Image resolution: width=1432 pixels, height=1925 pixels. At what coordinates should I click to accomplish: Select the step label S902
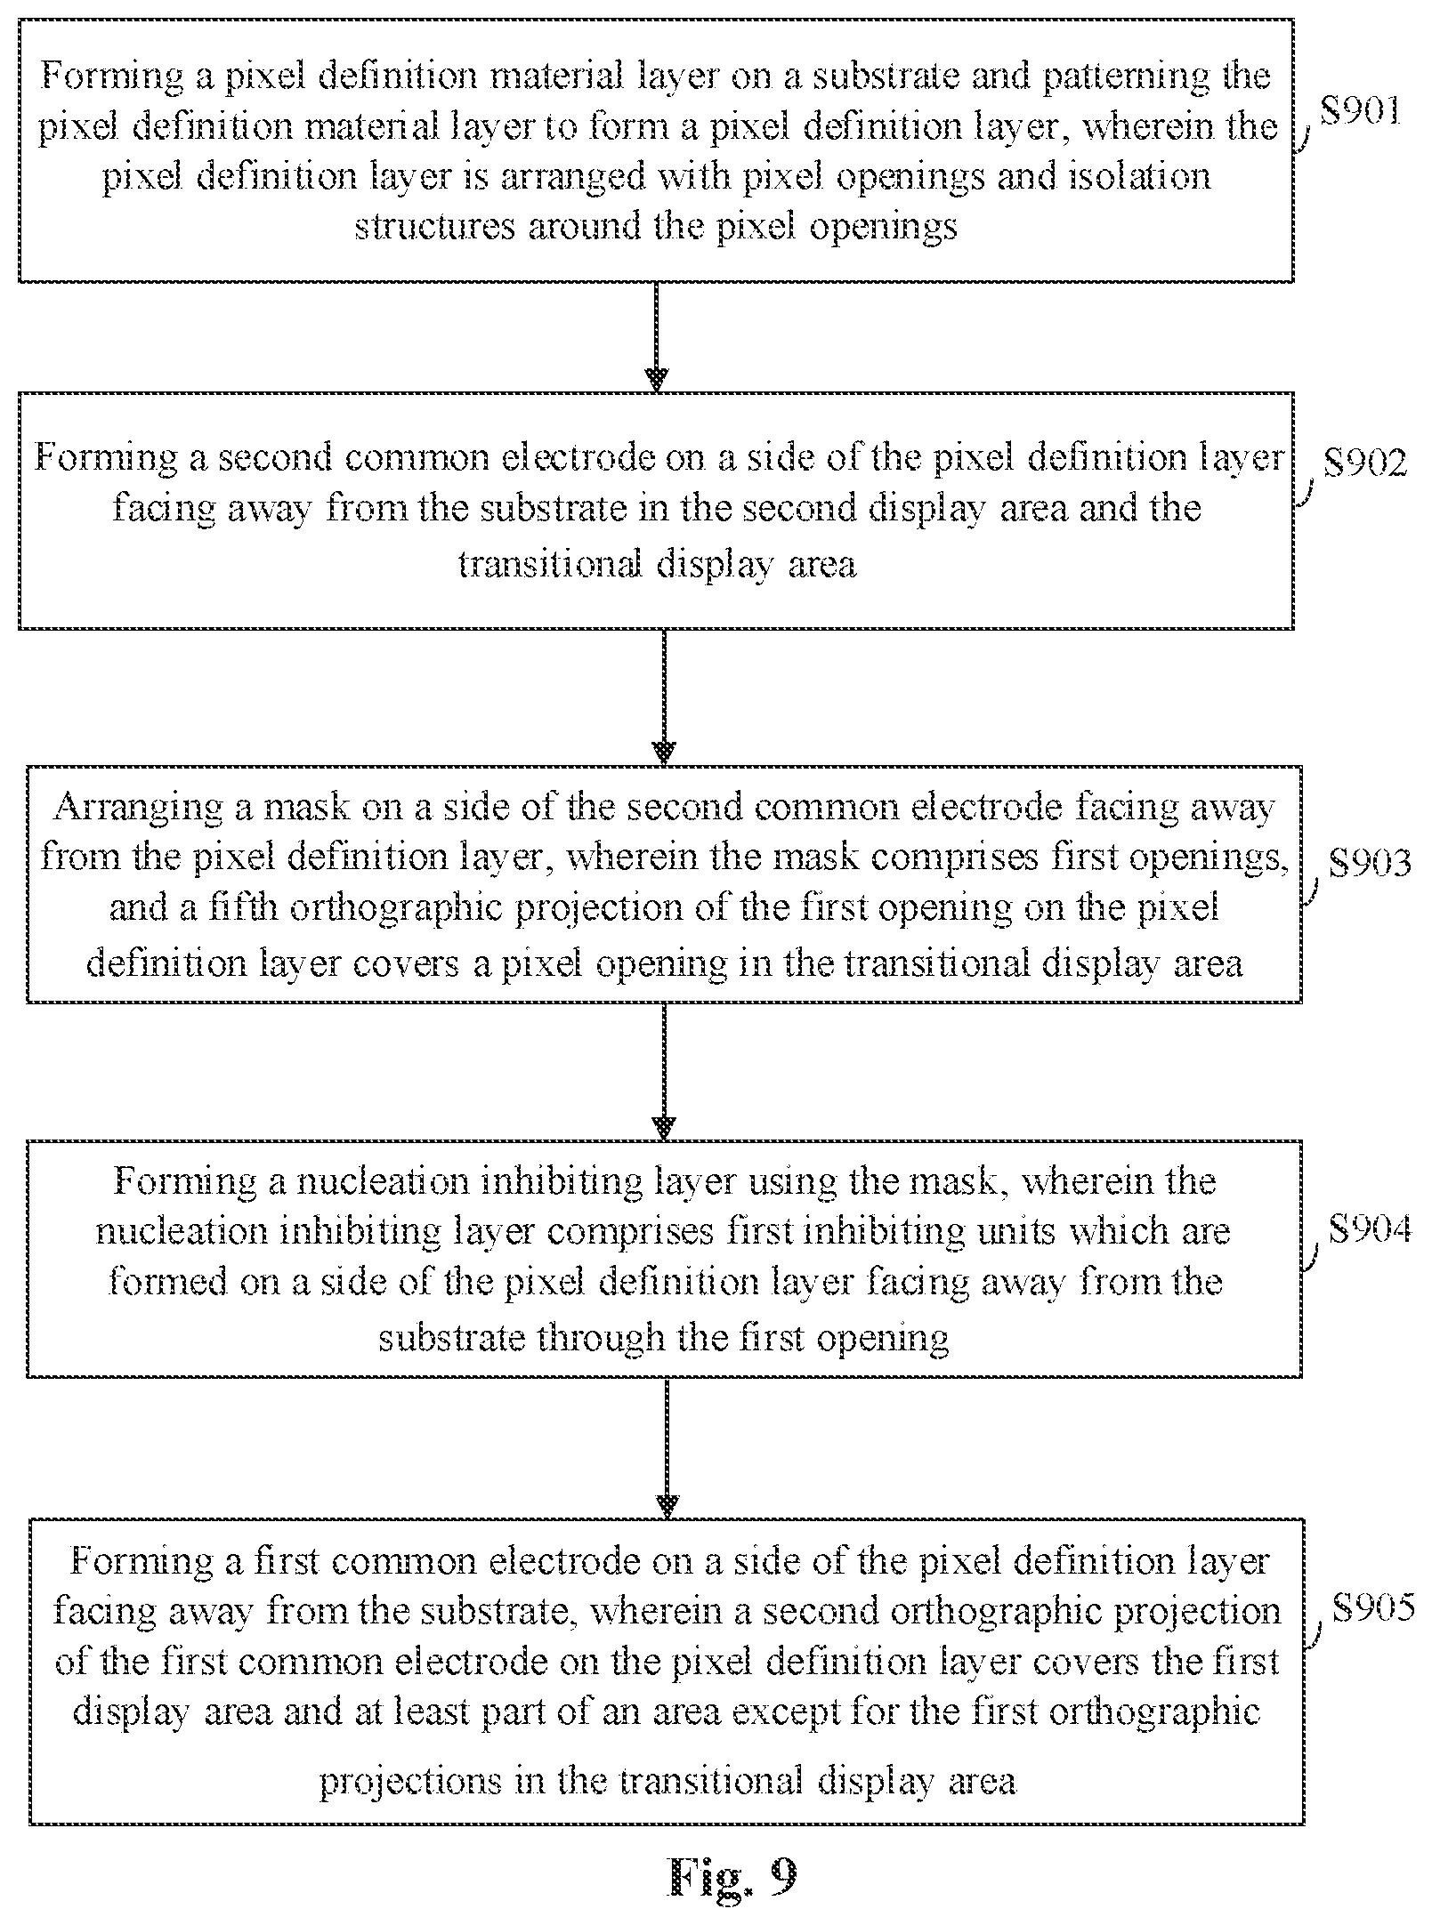click(x=1365, y=464)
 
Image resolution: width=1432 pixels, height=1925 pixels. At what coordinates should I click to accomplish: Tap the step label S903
click(x=1370, y=863)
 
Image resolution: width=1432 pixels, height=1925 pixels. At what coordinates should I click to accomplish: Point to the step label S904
click(x=1370, y=1229)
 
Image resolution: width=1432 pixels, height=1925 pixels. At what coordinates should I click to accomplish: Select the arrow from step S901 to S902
click(x=656, y=337)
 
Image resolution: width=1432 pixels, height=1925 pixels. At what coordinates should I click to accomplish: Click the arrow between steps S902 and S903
click(x=664, y=697)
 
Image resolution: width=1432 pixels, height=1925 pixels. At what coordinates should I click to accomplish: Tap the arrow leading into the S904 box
click(x=664, y=1072)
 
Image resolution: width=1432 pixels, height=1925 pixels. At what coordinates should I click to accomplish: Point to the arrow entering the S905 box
click(x=666, y=1448)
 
